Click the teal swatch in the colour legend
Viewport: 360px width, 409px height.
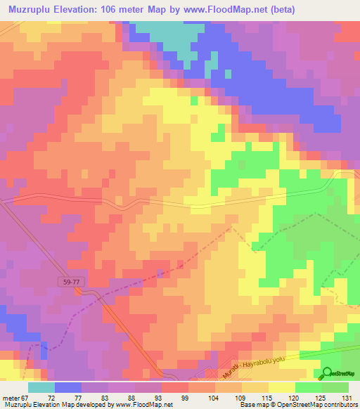[41, 387]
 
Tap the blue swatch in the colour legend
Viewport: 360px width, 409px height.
[68, 387]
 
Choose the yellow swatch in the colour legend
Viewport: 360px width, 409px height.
[281, 387]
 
